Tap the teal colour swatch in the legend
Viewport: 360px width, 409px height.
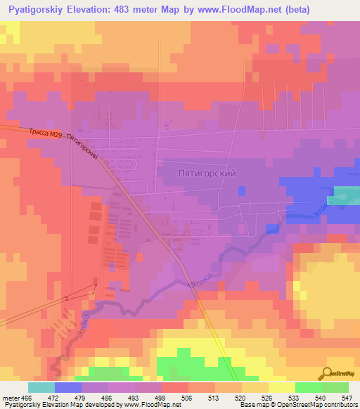[41, 387]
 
